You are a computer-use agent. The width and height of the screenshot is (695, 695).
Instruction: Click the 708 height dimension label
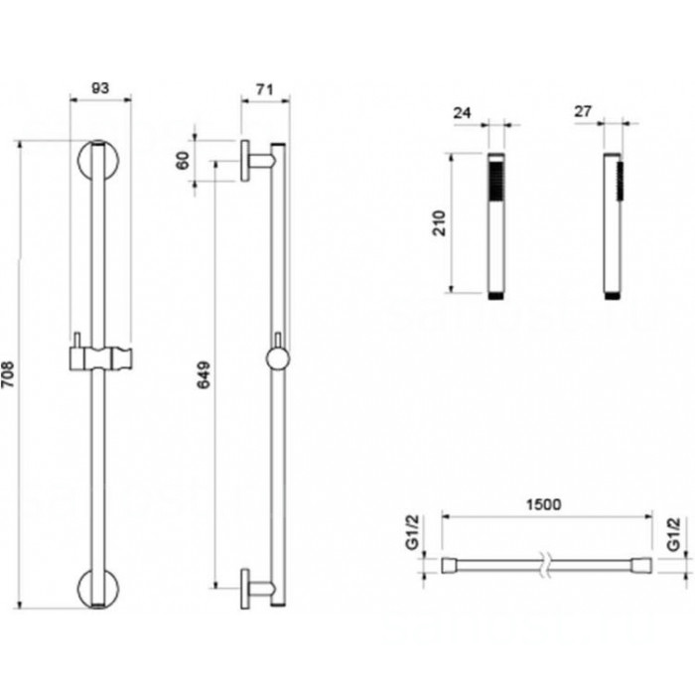(x=8, y=375)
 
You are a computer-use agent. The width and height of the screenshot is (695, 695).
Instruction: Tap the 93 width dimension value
(x=100, y=88)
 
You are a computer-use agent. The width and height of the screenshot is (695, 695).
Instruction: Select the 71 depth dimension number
(x=265, y=89)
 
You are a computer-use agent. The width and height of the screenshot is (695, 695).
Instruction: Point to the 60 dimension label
(x=183, y=161)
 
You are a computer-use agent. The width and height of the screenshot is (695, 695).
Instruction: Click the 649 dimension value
(x=204, y=375)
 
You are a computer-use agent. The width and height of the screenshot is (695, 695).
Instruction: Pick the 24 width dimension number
(x=463, y=113)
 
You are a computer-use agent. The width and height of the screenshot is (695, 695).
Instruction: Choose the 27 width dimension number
(x=584, y=111)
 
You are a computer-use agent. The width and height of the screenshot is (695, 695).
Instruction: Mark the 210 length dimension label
(x=439, y=223)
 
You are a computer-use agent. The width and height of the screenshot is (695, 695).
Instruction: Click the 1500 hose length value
(x=543, y=504)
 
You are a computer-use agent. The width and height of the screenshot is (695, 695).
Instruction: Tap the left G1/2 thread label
(x=413, y=532)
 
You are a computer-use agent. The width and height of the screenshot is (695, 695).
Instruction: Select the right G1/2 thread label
(x=673, y=534)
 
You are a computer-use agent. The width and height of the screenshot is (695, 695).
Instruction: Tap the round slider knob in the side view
(x=278, y=358)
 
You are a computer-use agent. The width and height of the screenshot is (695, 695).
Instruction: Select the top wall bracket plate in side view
(x=244, y=161)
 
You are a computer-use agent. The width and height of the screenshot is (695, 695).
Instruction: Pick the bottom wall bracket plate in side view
(x=244, y=588)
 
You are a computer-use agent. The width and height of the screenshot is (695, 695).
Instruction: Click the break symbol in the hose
(x=546, y=565)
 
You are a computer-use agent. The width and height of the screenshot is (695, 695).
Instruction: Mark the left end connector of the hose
(x=450, y=565)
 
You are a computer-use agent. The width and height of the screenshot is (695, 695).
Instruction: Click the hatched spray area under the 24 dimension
(x=496, y=182)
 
